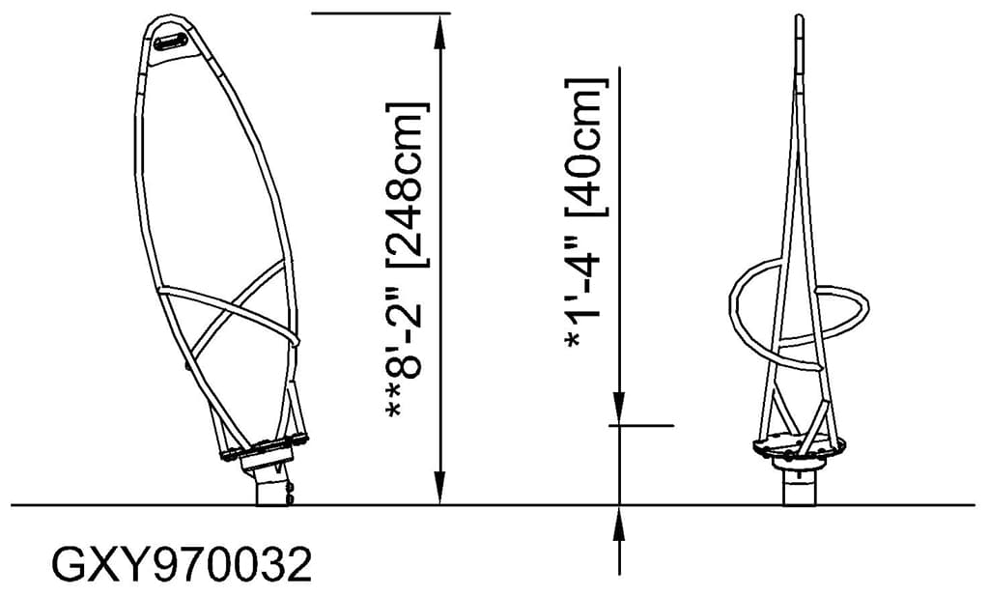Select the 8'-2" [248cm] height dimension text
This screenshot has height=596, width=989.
406,261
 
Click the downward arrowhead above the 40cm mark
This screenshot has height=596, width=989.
619,411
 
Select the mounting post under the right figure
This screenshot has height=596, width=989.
798,488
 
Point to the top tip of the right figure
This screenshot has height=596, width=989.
799,17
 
